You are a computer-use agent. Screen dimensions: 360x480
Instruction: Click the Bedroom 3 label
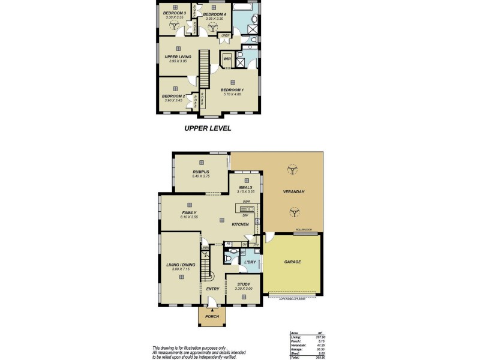click(x=176, y=13)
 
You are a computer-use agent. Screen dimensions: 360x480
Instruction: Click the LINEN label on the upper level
click(x=226, y=35)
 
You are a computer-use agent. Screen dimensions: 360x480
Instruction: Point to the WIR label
click(x=227, y=59)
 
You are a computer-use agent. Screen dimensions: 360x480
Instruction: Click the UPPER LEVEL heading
click(x=207, y=128)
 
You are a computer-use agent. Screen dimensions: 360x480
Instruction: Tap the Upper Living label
click(x=178, y=56)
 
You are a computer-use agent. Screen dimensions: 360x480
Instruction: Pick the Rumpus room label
click(x=200, y=172)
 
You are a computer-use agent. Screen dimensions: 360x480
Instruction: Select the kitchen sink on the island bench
click(x=245, y=209)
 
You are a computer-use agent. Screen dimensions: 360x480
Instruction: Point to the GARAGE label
click(x=292, y=262)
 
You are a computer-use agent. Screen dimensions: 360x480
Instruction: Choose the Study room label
click(x=243, y=285)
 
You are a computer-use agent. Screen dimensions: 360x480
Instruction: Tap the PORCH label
click(x=211, y=317)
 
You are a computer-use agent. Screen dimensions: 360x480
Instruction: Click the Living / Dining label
click(x=180, y=264)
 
